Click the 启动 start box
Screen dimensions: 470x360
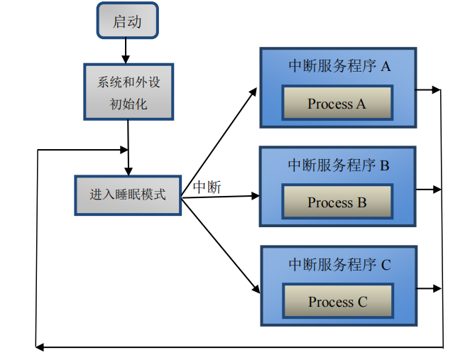tap(127, 21)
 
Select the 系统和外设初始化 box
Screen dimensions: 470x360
tap(129, 92)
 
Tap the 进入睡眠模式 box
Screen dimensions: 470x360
tap(128, 195)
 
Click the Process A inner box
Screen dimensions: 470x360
tap(337, 103)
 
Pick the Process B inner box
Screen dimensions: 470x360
tap(337, 202)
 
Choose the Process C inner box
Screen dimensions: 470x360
tap(338, 300)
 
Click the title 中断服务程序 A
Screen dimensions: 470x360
tap(339, 66)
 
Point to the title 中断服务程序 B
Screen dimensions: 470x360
tap(339, 165)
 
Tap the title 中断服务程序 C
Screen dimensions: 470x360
tap(339, 264)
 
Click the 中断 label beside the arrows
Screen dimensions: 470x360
tap(207, 187)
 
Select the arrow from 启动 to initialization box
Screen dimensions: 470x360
tap(126, 51)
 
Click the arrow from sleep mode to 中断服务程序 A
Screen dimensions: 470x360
tap(219, 143)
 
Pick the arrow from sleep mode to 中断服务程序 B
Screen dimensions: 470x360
tap(221, 197)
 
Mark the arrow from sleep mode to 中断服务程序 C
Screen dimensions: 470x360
tap(221, 246)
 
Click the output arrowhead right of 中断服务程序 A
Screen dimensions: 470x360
tap(436, 89)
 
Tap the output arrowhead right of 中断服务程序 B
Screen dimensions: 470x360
tap(437, 190)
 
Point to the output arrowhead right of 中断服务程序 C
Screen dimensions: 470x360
tap(437, 288)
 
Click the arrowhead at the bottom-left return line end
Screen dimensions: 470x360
tap(40, 347)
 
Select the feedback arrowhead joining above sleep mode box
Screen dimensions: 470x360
tap(124, 150)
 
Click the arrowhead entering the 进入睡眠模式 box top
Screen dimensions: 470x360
tap(129, 171)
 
